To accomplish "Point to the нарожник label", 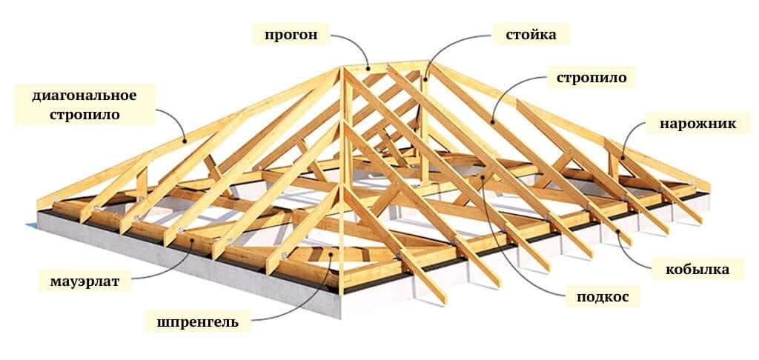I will click(698, 123).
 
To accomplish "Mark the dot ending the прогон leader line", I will click(368, 70).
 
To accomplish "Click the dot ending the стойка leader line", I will click(425, 76).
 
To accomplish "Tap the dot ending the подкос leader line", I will click(484, 178).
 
